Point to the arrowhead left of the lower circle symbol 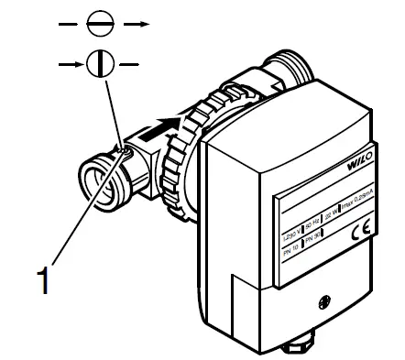80,65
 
